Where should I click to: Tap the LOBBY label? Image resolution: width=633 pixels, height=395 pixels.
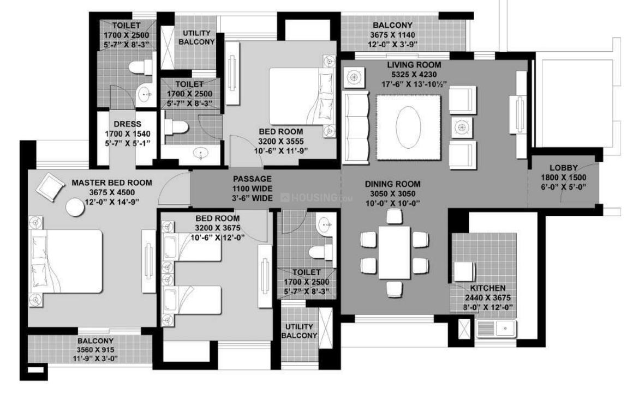point(563,168)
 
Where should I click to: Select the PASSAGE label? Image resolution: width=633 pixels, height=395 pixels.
point(252,179)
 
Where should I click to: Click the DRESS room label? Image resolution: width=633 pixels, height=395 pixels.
point(128,124)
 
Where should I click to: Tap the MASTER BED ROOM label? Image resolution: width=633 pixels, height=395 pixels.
point(112,183)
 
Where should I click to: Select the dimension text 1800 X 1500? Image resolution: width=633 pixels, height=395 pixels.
point(563,178)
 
